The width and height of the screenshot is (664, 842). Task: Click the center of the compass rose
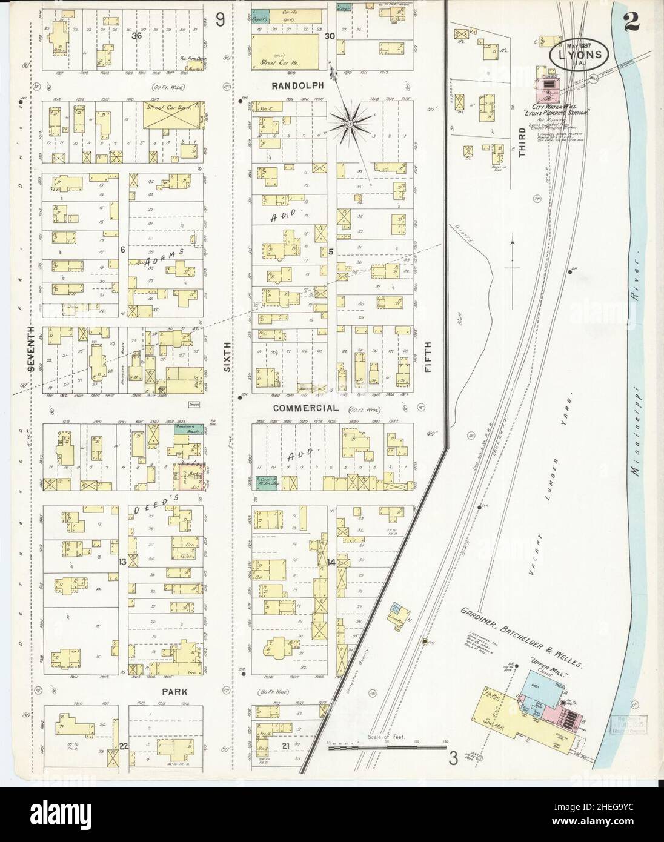tap(350, 124)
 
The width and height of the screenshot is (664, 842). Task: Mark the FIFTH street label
tap(428, 354)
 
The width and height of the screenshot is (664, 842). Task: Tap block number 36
tap(138, 36)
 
